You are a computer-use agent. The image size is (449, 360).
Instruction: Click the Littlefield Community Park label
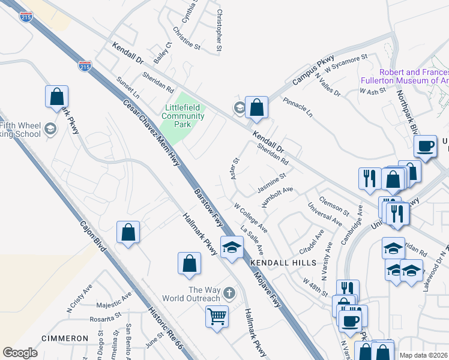[x=184, y=116]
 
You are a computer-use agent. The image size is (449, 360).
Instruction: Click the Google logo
[x=20, y=353]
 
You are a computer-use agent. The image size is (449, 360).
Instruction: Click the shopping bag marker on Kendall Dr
[x=256, y=107]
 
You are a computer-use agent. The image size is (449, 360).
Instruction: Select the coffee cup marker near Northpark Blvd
[x=426, y=146]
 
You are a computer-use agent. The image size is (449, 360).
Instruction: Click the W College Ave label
[x=250, y=217]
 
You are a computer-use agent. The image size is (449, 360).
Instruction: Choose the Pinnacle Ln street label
[x=298, y=107]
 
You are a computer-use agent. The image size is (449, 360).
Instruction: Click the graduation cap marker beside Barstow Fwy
[x=231, y=247]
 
